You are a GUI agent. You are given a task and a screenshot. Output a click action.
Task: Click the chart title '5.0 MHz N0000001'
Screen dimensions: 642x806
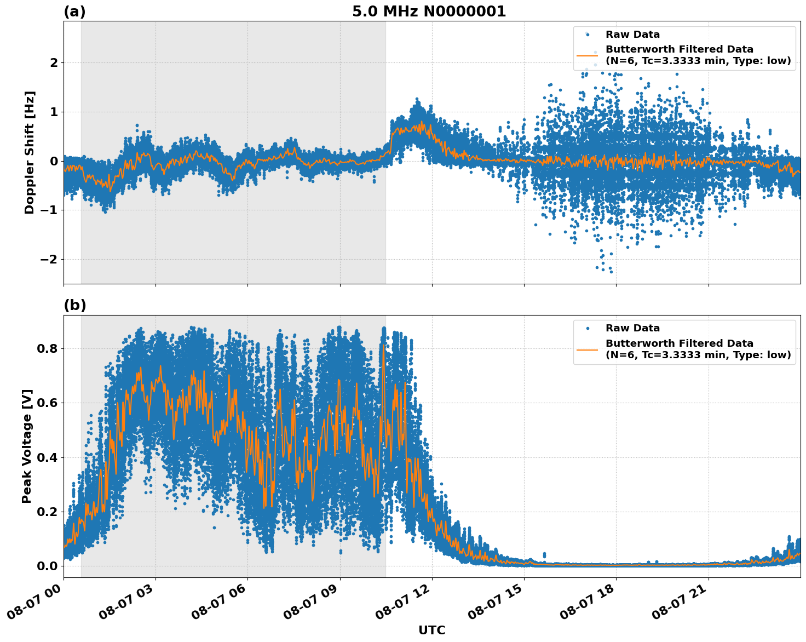429,12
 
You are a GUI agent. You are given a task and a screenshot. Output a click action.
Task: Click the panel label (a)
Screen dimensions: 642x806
74,12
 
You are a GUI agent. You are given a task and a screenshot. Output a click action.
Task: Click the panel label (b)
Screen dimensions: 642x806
74,305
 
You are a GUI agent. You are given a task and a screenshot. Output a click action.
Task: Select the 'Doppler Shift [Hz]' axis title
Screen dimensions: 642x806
30,152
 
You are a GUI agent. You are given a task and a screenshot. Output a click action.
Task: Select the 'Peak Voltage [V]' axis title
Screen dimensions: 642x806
27,446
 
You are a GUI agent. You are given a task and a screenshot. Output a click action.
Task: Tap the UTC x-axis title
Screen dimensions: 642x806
431,630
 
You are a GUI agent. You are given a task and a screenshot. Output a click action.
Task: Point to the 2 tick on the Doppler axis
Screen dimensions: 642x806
54,63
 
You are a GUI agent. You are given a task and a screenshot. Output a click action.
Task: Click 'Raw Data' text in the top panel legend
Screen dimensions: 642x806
632,35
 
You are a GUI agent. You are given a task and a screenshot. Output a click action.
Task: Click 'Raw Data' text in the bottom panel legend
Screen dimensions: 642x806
632,328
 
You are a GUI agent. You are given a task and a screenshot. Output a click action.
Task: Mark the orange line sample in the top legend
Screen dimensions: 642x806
587,55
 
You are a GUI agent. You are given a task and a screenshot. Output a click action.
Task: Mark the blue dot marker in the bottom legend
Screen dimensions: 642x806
587,328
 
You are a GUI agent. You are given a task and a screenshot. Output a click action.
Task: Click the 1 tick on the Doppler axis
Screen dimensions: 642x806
54,112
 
